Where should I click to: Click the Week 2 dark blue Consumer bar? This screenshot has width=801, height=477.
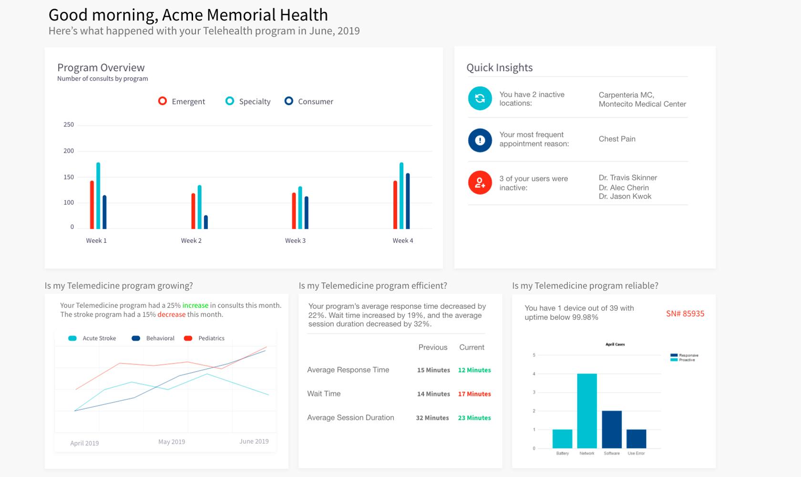pyautogui.click(x=206, y=222)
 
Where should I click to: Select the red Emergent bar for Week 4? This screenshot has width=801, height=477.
pyautogui.click(x=395, y=205)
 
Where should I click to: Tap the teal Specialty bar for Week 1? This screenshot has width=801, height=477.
pyautogui.click(x=98, y=196)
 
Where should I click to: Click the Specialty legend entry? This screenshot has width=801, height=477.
pyautogui.click(x=248, y=101)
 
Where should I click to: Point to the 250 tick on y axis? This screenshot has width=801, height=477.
pyautogui.click(x=69, y=124)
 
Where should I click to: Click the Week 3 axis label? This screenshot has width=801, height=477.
pyautogui.click(x=295, y=240)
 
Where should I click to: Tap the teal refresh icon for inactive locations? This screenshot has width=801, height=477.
pyautogui.click(x=480, y=98)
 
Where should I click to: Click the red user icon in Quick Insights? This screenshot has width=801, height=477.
pyautogui.click(x=480, y=183)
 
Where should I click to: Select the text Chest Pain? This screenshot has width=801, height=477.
pyautogui.click(x=617, y=139)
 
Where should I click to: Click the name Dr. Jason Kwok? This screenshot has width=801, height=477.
pyautogui.click(x=625, y=197)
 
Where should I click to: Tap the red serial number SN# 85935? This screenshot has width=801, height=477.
pyautogui.click(x=685, y=313)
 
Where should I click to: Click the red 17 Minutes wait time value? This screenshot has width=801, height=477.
pyautogui.click(x=474, y=394)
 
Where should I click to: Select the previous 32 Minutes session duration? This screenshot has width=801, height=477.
pyautogui.click(x=432, y=418)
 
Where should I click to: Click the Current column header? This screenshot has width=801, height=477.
pyautogui.click(x=472, y=347)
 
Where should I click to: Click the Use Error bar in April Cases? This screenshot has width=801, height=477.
pyautogui.click(x=636, y=439)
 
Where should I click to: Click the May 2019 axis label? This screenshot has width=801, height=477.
pyautogui.click(x=172, y=442)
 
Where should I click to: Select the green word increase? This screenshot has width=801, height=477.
pyautogui.click(x=195, y=305)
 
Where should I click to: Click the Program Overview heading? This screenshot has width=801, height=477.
pyautogui.click(x=101, y=68)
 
